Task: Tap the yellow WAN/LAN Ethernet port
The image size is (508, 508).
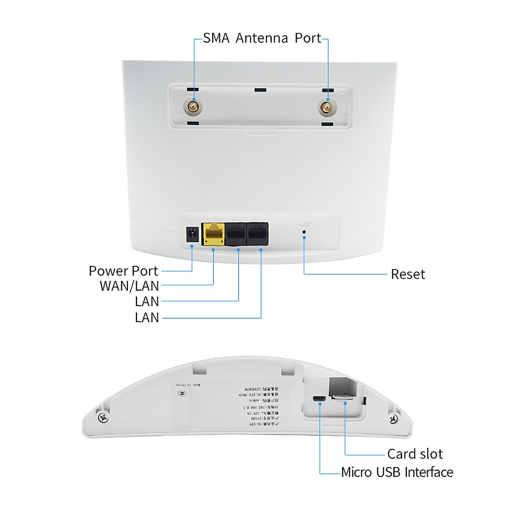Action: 214,234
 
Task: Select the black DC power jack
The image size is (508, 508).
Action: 193,235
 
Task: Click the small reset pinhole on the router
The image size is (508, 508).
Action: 304,232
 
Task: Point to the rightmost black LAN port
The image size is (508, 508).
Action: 258,234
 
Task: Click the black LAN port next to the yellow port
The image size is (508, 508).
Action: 236,235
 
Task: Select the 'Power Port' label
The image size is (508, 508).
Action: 123,271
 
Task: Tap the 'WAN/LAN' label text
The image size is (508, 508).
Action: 129,286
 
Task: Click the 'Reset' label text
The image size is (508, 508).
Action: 408,274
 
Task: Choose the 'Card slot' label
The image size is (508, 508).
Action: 415,454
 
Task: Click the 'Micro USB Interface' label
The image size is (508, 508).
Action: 397,472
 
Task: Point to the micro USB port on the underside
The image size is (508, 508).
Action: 319,399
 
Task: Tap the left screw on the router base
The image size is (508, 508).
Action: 103,418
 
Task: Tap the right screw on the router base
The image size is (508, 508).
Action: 393,418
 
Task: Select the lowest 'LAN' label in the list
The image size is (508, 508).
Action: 146,317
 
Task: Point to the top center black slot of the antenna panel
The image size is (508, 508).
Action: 260,90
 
